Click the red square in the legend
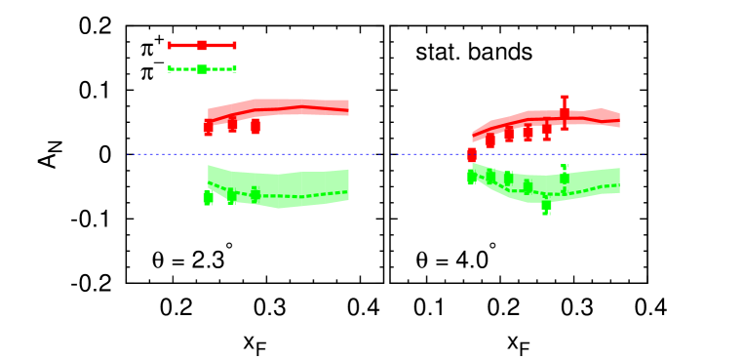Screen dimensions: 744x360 pos(202,45)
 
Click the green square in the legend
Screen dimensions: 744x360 pos(202,69)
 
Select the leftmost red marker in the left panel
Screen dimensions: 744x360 pos(208,128)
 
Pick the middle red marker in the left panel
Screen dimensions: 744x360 pos(232,124)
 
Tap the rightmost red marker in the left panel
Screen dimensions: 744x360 pos(255,126)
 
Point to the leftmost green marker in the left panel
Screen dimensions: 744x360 pos(208,197)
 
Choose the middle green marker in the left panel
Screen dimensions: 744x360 pos(231,196)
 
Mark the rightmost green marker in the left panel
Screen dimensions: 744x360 pos(255,194)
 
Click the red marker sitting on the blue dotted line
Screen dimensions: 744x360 pos(472,154)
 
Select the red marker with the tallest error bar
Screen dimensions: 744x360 pos(564,113)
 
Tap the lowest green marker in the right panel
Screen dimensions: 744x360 pos(546,205)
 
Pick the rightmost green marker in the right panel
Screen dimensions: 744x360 pos(564,178)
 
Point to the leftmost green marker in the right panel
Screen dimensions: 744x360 pos(472,177)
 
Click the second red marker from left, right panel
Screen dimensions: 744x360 pos(490,140)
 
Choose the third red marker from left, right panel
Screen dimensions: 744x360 pos(509,135)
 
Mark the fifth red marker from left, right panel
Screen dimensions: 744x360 pos(546,130)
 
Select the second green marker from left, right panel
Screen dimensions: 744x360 pos(490,177)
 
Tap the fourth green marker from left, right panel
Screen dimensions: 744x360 pos(528,186)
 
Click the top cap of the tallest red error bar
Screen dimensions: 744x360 pos(564,97)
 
